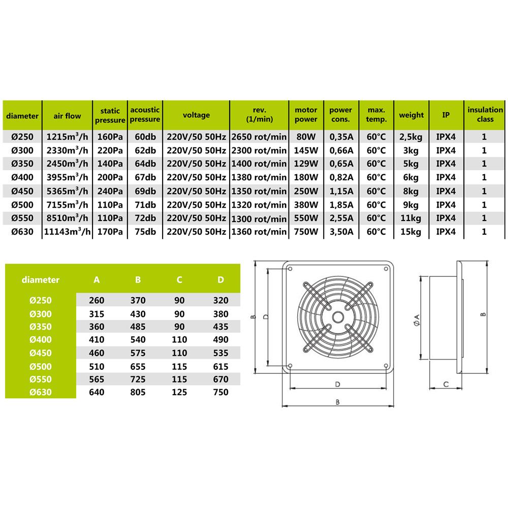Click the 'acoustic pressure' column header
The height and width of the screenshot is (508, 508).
click(145, 115)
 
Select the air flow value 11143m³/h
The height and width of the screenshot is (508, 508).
click(67, 232)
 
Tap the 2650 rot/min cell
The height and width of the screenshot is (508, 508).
click(259, 137)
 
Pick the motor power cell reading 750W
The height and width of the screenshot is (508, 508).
click(306, 232)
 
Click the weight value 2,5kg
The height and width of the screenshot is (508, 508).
click(411, 137)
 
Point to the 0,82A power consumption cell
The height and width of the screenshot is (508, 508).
click(341, 177)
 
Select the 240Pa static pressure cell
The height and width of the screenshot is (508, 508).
click(110, 191)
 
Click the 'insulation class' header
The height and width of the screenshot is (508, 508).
click(485, 115)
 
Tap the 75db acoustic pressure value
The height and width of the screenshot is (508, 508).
click(145, 232)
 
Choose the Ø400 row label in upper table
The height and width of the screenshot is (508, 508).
click(22, 177)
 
